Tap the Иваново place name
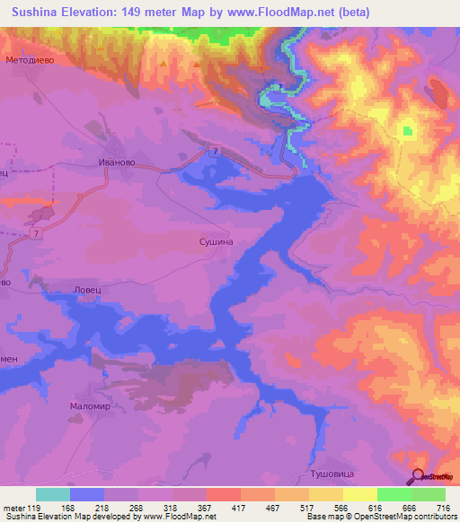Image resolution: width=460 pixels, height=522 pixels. point(116,162)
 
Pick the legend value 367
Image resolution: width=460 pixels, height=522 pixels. point(203,509)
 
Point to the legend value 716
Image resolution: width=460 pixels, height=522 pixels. point(440,509)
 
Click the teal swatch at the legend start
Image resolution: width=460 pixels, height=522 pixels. point(53,494)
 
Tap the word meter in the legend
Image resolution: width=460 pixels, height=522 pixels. point(13,509)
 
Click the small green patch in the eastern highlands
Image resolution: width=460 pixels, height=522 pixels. point(410,132)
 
